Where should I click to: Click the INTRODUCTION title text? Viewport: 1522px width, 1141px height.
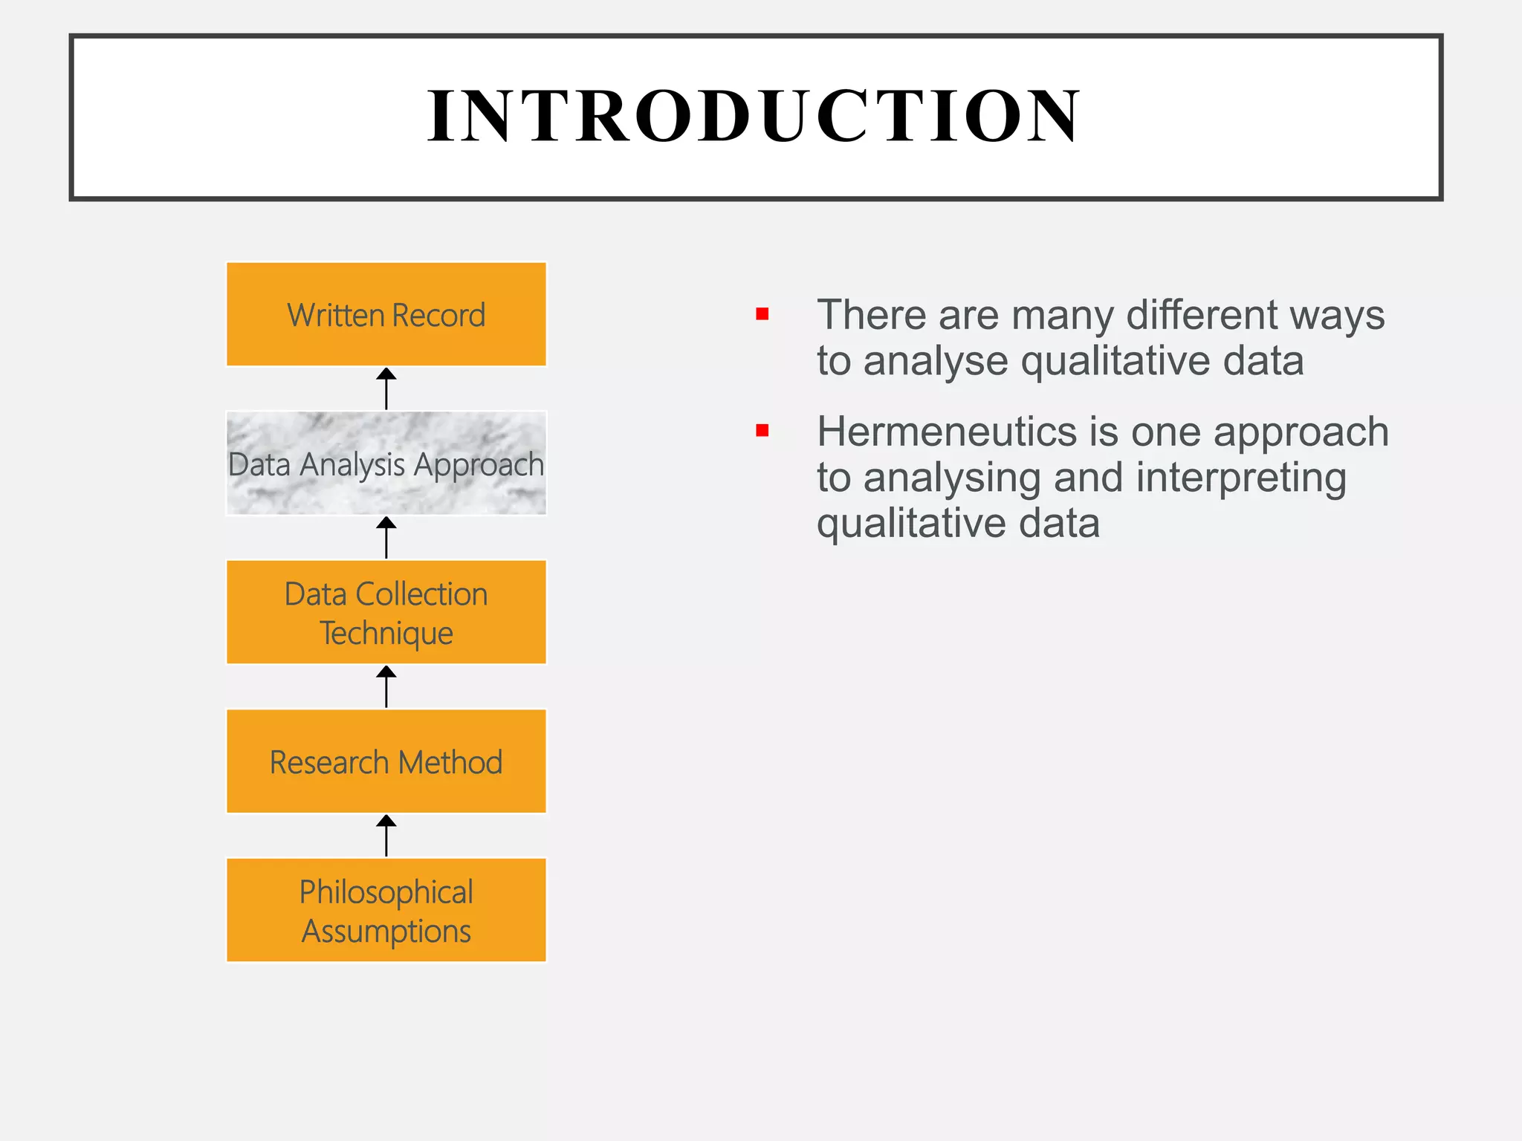pos(754,116)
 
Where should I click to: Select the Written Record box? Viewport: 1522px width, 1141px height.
pos(386,314)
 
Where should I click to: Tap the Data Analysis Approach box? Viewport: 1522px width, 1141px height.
pos(386,464)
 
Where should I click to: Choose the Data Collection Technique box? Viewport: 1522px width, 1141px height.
pos(386,612)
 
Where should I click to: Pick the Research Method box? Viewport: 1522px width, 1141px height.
pos(386,761)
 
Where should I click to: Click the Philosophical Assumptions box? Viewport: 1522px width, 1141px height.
pos(386,910)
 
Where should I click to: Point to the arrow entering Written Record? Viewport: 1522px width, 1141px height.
pos(386,389)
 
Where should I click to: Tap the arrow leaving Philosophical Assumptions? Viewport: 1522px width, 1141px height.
pos(386,836)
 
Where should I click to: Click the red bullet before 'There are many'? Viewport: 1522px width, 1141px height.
pos(762,314)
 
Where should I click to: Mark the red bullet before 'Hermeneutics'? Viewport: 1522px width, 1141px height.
pos(762,431)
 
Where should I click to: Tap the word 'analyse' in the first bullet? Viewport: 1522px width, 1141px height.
pos(936,363)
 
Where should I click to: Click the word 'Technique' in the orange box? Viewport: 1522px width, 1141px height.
pos(386,634)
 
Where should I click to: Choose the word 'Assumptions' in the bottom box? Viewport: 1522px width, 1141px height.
pos(386,932)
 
